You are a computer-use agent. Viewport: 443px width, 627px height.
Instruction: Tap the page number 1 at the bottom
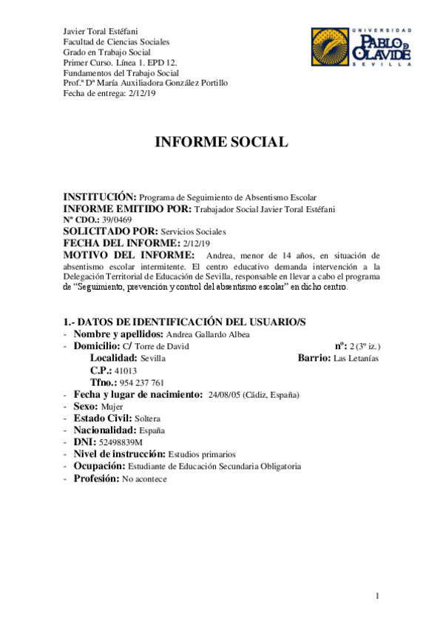(377, 595)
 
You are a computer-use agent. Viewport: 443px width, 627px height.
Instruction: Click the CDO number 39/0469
(118, 220)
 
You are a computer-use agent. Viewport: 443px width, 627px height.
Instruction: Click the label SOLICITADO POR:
(110, 231)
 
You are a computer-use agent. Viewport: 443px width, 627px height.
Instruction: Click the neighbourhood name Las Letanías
(357, 358)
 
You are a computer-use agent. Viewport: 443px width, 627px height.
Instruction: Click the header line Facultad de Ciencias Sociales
(117, 42)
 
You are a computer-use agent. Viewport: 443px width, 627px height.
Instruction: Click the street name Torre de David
(162, 346)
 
